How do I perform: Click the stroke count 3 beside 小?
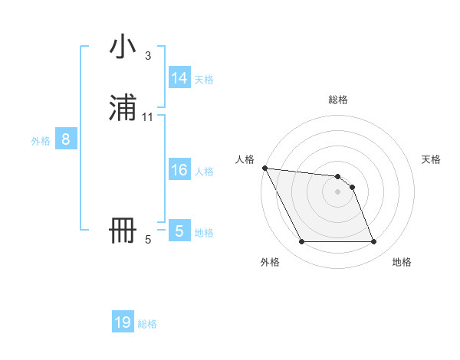(x=148, y=56)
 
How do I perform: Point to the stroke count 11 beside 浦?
(x=148, y=117)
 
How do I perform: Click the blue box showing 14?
(x=179, y=78)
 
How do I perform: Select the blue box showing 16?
(x=179, y=170)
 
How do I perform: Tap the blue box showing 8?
(x=66, y=140)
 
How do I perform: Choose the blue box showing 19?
(x=123, y=322)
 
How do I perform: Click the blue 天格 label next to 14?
(x=204, y=80)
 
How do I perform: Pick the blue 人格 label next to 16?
(x=204, y=172)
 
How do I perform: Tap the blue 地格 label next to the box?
(x=204, y=233)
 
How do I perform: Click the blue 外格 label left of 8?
(x=41, y=141)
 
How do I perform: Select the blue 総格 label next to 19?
(x=147, y=324)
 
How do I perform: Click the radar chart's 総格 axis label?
(x=338, y=100)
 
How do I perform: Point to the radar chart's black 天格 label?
(x=432, y=159)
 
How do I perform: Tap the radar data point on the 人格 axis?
(x=264, y=168)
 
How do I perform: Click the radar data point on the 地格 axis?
(x=373, y=242)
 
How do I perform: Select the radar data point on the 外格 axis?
(x=302, y=242)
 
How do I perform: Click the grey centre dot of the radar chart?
(x=338, y=191)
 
